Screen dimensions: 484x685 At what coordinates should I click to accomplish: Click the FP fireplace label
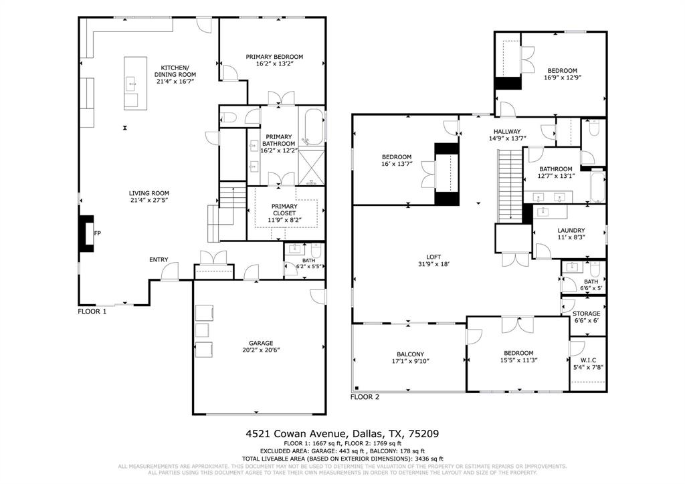[x=97, y=233]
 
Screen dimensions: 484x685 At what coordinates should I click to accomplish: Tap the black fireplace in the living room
[x=86, y=233]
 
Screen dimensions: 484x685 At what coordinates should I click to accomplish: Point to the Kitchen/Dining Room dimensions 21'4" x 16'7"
[x=175, y=82]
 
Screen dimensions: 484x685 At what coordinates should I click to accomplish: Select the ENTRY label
[x=159, y=259]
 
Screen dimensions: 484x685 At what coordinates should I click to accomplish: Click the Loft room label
[x=434, y=256]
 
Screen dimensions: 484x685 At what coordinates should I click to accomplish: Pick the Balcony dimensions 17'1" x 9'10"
[x=411, y=362]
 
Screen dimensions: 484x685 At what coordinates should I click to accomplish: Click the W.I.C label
[x=587, y=358]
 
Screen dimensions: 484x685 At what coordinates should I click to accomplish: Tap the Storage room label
[x=587, y=314]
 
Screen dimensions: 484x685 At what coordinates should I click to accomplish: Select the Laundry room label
[x=571, y=230]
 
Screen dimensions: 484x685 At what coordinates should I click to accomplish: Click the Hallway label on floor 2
[x=507, y=131]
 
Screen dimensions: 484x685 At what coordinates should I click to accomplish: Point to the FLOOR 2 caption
[x=365, y=396]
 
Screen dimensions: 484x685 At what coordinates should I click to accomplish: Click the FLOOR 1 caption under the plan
[x=92, y=311]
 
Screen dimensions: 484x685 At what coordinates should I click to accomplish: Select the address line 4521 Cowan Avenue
[x=342, y=433]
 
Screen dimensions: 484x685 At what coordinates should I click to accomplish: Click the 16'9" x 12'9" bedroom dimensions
[x=562, y=78]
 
